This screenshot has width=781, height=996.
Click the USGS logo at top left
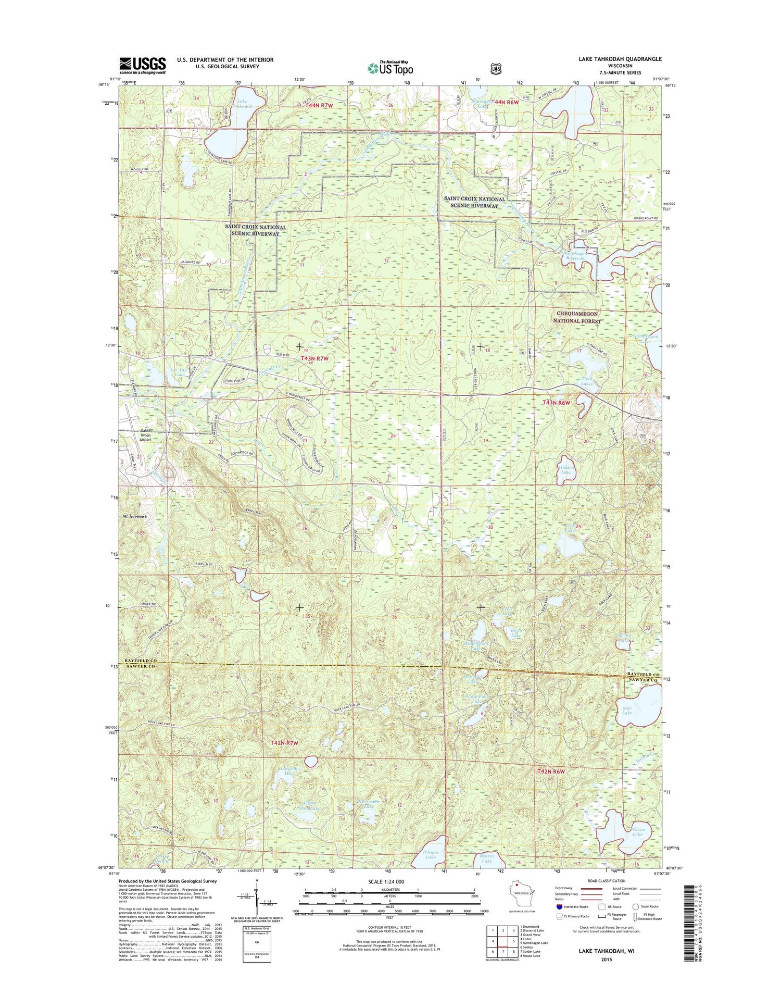pos(142,65)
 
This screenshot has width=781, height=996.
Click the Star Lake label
pos(626,710)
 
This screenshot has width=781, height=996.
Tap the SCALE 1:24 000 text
pos(385,881)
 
